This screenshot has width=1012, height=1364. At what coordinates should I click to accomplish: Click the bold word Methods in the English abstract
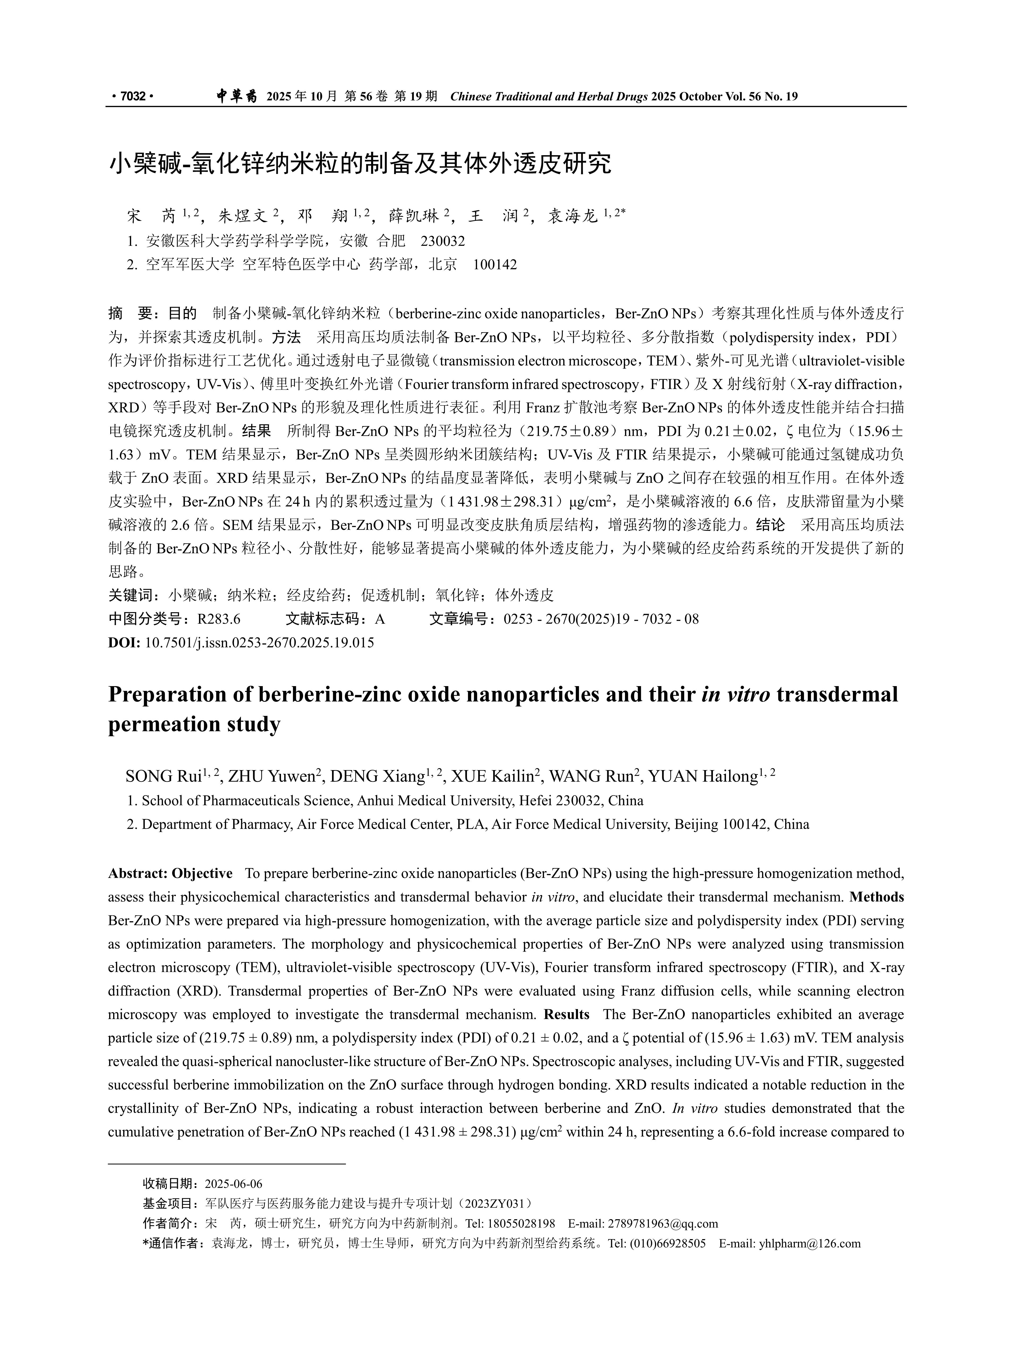coord(877,897)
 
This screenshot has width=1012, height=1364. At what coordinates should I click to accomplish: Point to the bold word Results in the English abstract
coord(566,1014)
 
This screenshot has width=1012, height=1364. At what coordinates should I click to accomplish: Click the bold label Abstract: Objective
coord(170,873)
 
